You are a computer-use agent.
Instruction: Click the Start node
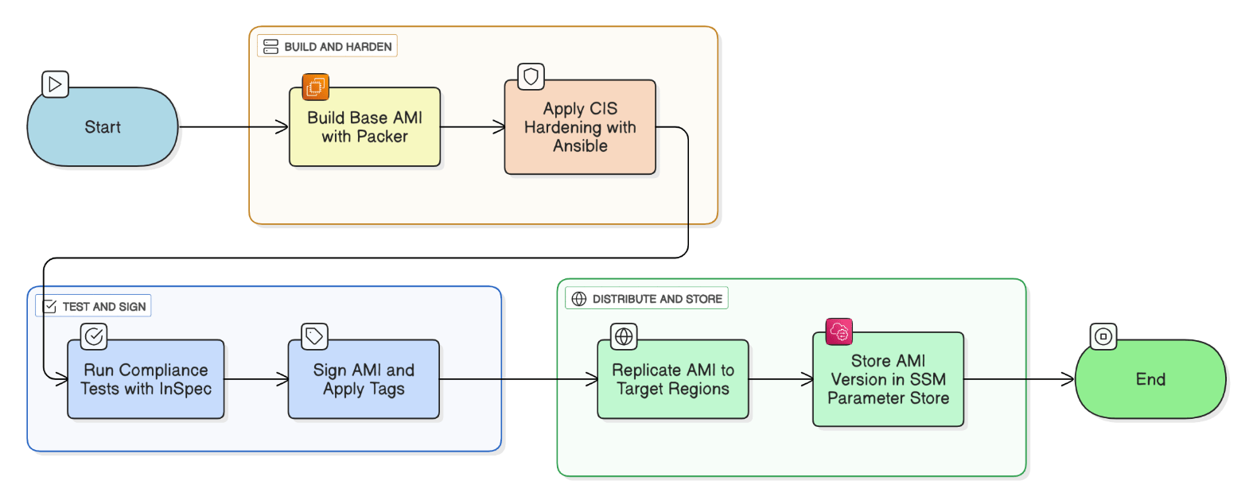(x=103, y=127)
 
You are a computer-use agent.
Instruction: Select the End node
(x=1150, y=379)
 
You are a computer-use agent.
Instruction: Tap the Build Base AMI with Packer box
(x=364, y=127)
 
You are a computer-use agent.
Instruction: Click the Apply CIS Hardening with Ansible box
(x=580, y=127)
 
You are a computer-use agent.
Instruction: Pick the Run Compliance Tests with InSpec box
(x=146, y=379)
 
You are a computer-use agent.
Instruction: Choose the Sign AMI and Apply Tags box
(x=364, y=379)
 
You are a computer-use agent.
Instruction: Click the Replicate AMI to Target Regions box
(x=673, y=379)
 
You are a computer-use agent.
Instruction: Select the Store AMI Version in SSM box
(x=889, y=379)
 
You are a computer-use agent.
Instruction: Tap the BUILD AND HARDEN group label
(x=327, y=46)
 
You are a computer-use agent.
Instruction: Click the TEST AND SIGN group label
(x=93, y=306)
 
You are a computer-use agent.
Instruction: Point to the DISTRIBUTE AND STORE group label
(x=647, y=299)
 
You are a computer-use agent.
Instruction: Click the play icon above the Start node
(x=56, y=84)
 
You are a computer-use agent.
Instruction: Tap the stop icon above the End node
(x=1103, y=336)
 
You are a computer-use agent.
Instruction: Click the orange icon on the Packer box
(x=316, y=87)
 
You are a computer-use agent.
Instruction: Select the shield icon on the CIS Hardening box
(x=531, y=76)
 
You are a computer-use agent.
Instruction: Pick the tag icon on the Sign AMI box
(x=314, y=336)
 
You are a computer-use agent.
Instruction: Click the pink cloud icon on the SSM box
(x=839, y=332)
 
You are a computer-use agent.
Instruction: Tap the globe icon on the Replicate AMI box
(x=624, y=336)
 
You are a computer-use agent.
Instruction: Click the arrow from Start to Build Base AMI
(x=234, y=127)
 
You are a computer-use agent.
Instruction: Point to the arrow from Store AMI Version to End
(x=1019, y=379)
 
